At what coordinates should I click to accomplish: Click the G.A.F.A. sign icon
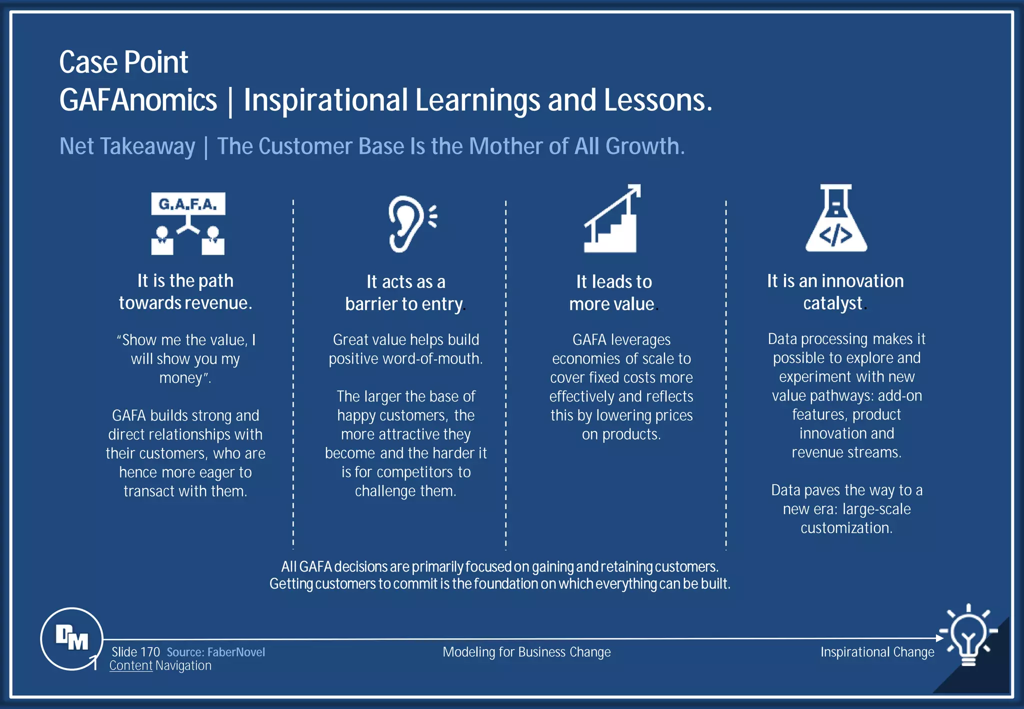tap(188, 223)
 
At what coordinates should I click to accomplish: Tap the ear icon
tap(410, 223)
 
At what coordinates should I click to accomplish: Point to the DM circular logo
tap(72, 638)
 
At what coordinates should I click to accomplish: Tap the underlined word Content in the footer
tap(131, 666)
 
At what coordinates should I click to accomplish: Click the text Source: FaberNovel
tap(215, 652)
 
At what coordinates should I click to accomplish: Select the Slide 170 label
tap(135, 652)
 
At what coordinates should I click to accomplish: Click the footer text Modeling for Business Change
tap(526, 652)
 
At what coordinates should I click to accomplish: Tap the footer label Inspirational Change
tap(877, 652)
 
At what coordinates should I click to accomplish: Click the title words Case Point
tap(123, 62)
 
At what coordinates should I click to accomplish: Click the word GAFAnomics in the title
tap(138, 100)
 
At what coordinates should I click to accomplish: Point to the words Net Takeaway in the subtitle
tap(127, 146)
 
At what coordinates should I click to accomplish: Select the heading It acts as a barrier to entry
tap(405, 292)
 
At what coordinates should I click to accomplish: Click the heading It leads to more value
tap(613, 292)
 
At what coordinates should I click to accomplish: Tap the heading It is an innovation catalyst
tap(835, 292)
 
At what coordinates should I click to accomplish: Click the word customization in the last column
tap(845, 528)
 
